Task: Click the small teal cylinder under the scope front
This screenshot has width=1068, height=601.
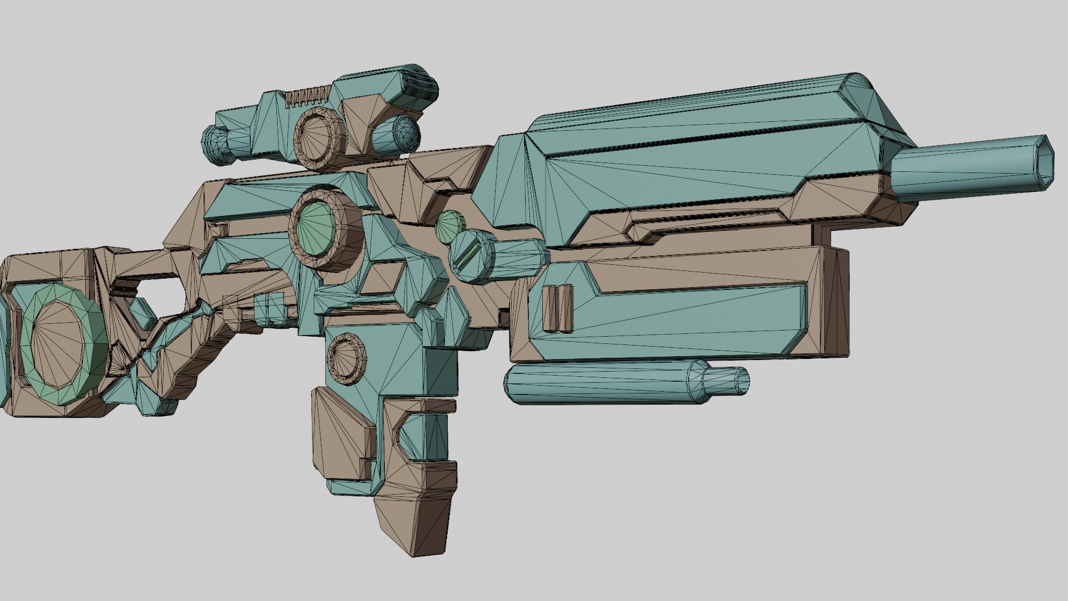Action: coord(396,135)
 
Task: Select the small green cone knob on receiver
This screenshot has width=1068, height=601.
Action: coord(449,225)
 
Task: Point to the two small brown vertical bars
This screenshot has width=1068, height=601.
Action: coord(557,308)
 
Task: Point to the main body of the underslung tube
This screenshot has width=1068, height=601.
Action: coord(601,382)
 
